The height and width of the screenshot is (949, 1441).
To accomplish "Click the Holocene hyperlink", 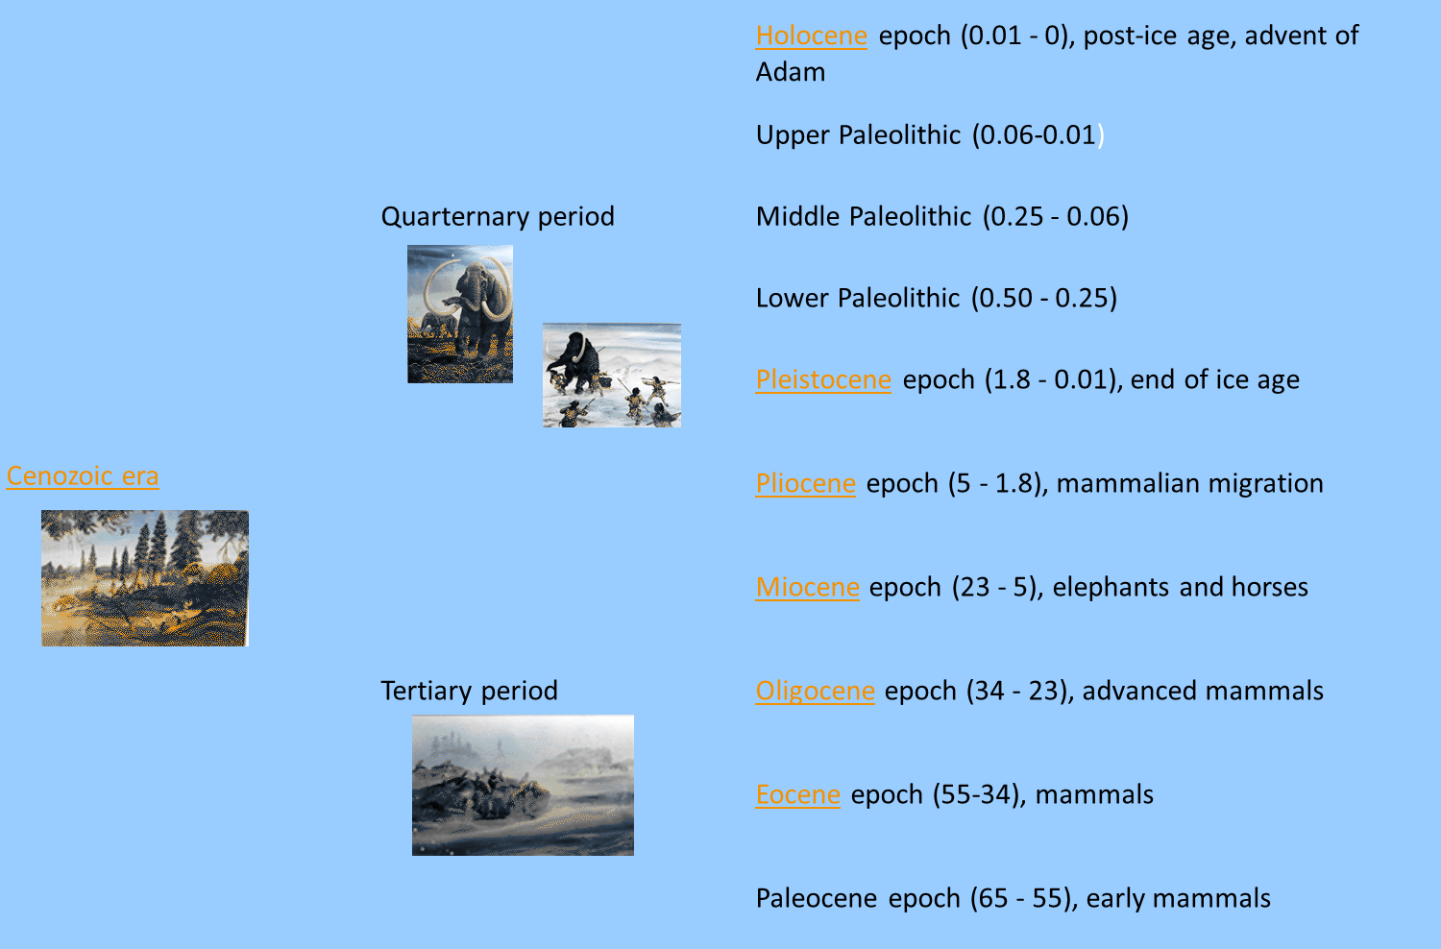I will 811,36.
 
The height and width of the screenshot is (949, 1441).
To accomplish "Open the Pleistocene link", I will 823,379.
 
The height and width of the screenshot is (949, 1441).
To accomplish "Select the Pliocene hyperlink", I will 805,483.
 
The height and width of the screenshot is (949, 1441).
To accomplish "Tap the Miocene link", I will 807,587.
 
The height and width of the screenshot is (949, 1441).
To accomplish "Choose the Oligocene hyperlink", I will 815,691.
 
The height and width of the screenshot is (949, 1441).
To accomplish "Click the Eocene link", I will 797,794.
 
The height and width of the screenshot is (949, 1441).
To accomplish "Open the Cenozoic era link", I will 83,476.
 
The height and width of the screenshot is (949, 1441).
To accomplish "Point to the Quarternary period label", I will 498,216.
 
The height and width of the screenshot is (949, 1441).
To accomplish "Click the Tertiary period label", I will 469,691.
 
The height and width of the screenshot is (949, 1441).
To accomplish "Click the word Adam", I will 790,72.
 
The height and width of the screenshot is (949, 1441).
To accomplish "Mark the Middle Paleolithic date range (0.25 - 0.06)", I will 1055,216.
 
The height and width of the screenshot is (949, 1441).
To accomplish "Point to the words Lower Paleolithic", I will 857,298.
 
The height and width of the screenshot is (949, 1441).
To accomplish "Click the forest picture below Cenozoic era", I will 145,578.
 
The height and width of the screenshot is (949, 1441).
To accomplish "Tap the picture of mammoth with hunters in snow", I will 612,376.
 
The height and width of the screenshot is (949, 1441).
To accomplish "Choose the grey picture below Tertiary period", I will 523,785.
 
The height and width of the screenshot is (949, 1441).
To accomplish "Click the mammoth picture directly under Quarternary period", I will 460,314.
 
